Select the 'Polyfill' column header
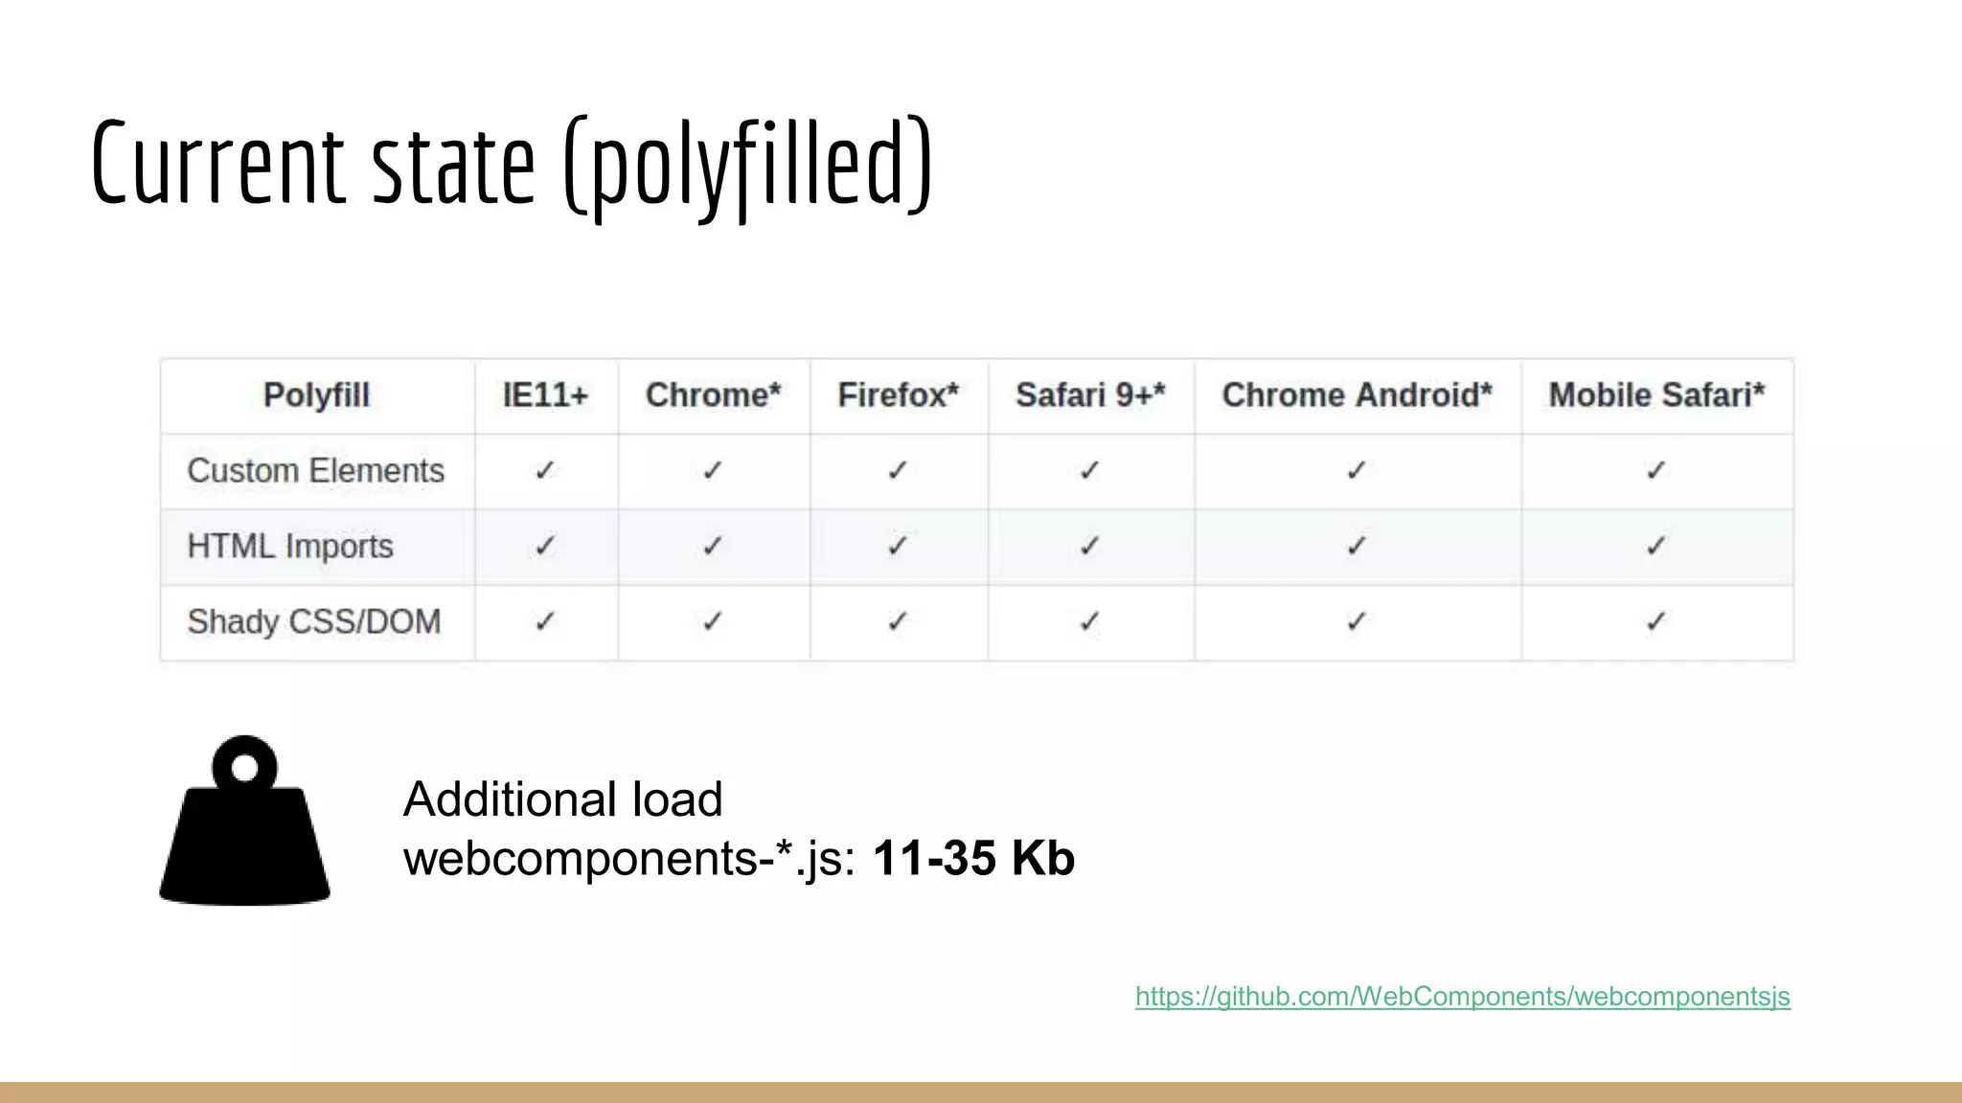click(316, 395)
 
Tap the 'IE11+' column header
click(545, 395)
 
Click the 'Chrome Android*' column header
click(1357, 395)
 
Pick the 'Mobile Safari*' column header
click(1656, 395)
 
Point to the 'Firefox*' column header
click(898, 395)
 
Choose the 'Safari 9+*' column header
click(1090, 395)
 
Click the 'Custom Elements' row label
click(315, 471)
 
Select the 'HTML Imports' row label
click(290, 547)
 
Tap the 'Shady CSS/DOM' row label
click(314, 622)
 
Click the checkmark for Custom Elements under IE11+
click(545, 470)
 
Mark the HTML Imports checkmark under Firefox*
click(898, 546)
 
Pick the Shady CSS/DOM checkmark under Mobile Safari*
click(1656, 621)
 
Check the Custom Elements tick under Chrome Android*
click(1357, 470)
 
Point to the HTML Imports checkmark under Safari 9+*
click(1090, 546)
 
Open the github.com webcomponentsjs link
click(1462, 997)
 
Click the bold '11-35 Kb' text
click(973, 858)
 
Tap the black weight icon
click(245, 843)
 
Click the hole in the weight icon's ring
click(245, 768)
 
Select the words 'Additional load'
click(562, 799)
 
